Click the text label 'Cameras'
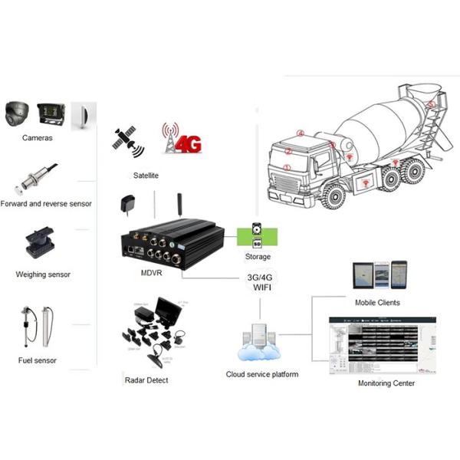38,138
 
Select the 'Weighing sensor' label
43,274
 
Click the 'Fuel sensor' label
38,360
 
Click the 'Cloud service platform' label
262,374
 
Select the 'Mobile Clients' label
377,303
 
